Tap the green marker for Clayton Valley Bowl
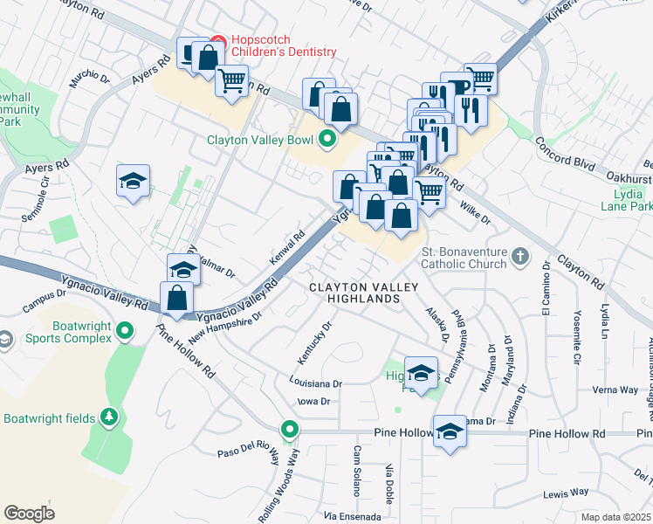coord(327,139)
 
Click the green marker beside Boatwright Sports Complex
coord(125,331)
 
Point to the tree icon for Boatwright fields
coord(109,418)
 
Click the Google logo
coord(29,513)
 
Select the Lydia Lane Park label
coord(626,199)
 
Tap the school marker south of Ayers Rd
coord(133,182)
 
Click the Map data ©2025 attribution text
coord(615,517)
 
